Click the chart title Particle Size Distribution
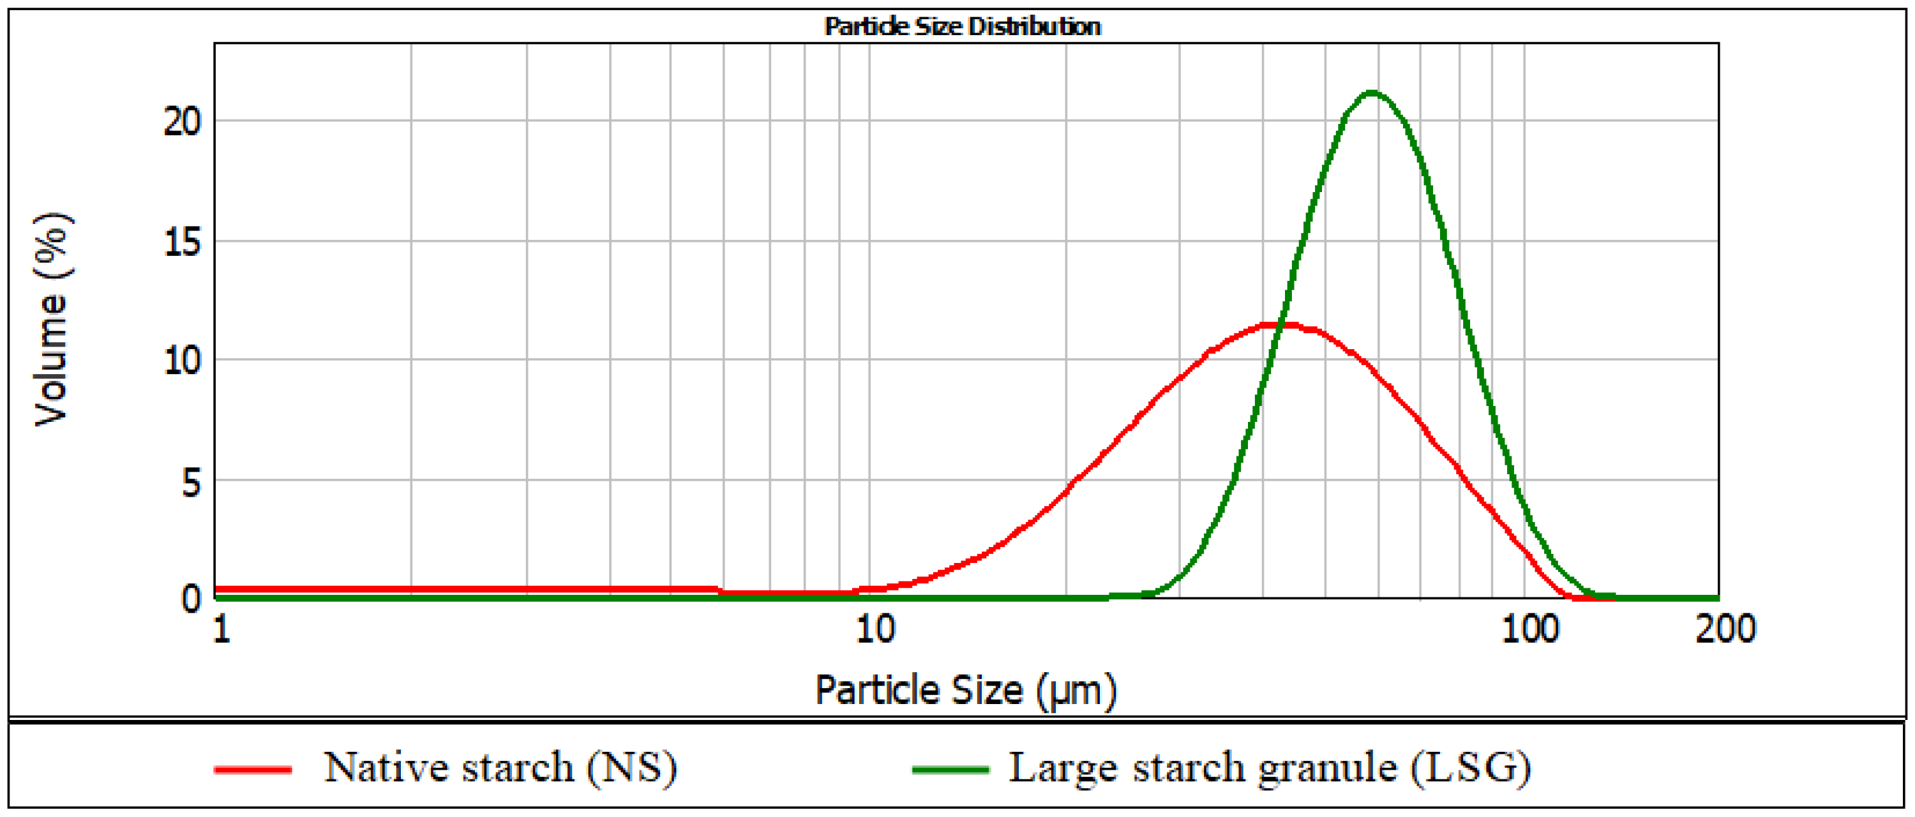[963, 27]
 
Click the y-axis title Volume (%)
[52, 320]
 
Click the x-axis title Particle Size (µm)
[966, 690]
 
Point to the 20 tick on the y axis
[182, 121]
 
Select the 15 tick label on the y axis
[182, 242]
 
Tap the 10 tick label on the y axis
[182, 361]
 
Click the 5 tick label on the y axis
[191, 483]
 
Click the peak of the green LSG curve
[1372, 93]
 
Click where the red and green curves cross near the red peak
[1282, 325]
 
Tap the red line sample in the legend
[252, 769]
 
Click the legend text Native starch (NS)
[500, 767]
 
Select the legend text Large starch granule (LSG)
[1270, 767]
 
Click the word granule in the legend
[1327, 769]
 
